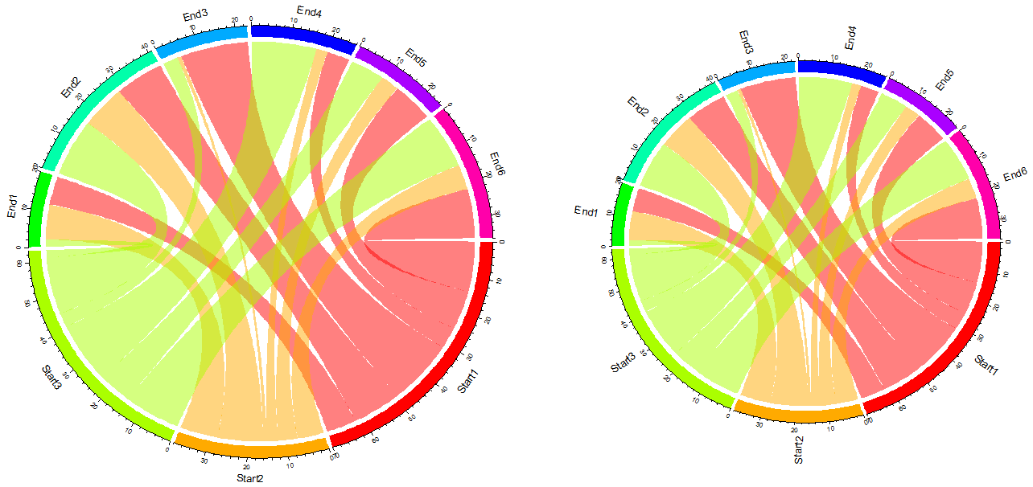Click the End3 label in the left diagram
click(x=195, y=15)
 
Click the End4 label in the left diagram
click(x=310, y=11)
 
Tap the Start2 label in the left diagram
click(x=250, y=478)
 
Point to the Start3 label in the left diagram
click(x=51, y=377)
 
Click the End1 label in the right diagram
click(x=586, y=211)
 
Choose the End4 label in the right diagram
click(x=850, y=38)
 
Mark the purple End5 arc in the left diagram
click(x=397, y=76)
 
